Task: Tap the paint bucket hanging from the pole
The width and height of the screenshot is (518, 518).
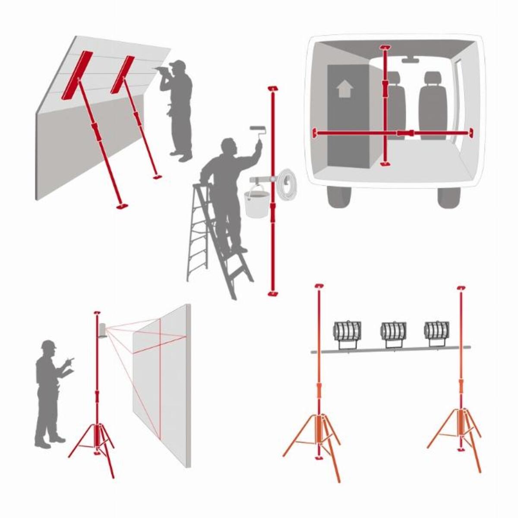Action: (x=256, y=202)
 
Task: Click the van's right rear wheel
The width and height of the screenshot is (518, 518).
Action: (x=449, y=196)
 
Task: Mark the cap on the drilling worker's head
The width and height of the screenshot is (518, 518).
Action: (x=178, y=65)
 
